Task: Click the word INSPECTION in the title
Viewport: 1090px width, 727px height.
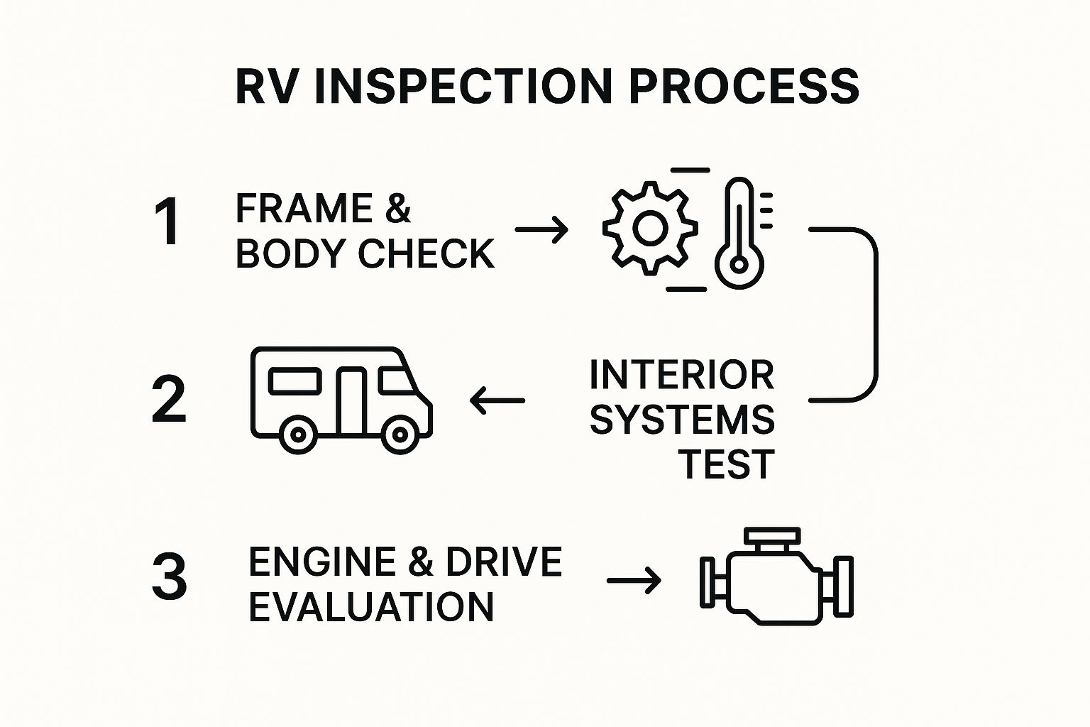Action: (463, 87)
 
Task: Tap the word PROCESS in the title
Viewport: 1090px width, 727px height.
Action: (744, 87)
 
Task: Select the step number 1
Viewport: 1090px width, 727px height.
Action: (168, 222)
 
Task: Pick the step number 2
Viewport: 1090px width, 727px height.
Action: (169, 399)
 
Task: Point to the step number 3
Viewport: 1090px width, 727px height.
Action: (170, 576)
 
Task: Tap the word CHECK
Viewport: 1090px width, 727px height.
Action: (426, 253)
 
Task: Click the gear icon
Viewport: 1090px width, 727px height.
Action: (650, 229)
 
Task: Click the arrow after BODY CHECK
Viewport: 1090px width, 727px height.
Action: (541, 229)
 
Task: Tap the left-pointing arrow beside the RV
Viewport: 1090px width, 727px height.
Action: (497, 400)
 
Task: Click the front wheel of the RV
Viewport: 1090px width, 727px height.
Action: (400, 434)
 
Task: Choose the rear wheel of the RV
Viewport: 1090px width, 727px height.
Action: (298, 434)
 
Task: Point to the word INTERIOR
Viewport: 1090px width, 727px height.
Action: (682, 375)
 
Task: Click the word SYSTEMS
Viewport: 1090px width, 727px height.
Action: (682, 420)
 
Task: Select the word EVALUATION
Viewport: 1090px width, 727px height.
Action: (371, 607)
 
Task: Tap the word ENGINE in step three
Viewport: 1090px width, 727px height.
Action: (322, 562)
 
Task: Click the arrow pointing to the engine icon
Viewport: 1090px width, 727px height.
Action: (634, 580)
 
